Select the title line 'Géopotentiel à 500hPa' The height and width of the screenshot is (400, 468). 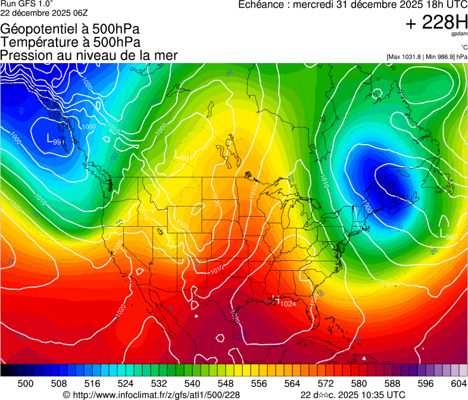point(70,29)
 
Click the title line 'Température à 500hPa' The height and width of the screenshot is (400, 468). point(70,42)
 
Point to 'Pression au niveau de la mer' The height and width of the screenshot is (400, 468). point(89,55)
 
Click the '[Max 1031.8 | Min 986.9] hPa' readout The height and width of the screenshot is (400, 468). point(426,57)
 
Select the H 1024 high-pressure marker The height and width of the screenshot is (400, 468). point(282,304)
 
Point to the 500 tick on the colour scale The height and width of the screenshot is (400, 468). point(26,384)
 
